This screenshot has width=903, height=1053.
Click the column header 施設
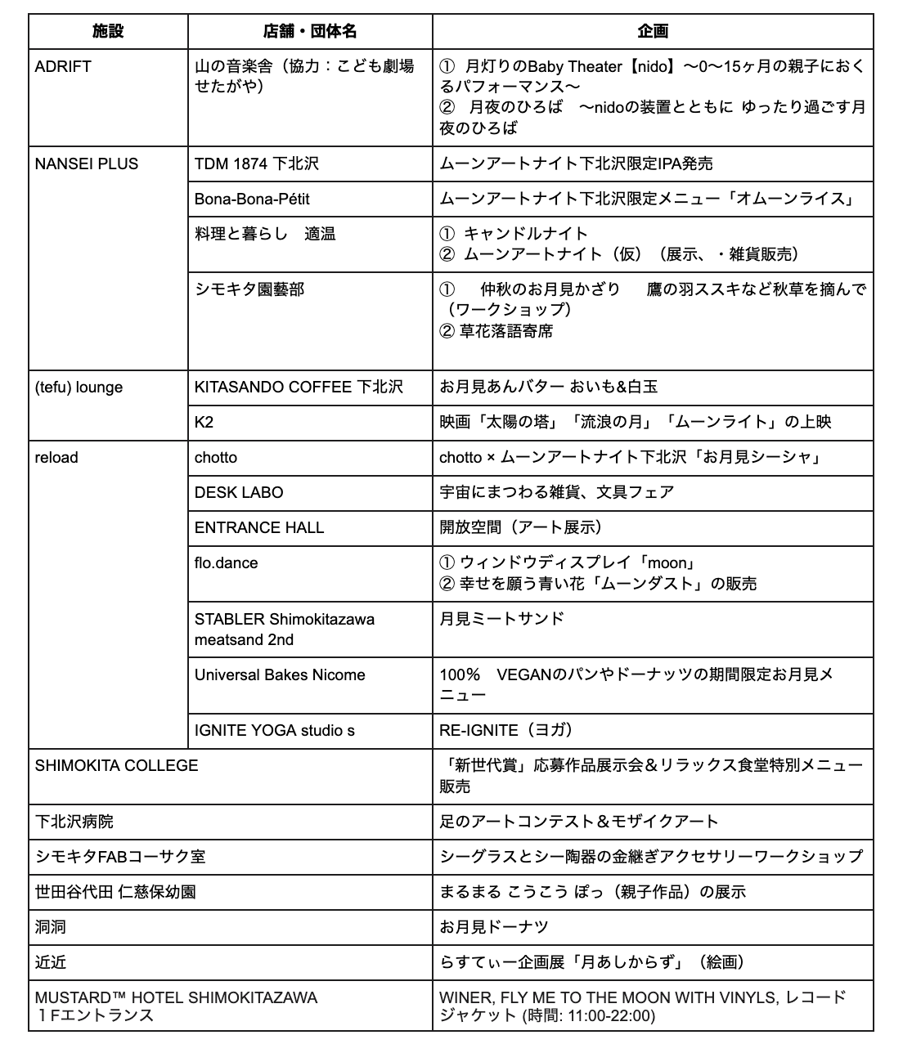108,31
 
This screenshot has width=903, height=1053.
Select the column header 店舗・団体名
310,31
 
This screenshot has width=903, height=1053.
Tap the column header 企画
653,31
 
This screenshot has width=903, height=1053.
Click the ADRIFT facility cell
63,67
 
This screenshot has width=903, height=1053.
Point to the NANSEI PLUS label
87,164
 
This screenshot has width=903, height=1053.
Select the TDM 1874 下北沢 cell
256,164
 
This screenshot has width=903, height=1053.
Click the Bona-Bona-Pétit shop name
252,199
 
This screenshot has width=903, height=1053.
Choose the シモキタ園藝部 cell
249,289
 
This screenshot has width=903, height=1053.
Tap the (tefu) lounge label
79,387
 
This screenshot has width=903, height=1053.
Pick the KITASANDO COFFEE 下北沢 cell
299,387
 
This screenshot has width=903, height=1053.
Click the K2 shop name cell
204,422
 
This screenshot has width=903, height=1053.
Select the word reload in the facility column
56,457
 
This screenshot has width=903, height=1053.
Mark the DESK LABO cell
239,492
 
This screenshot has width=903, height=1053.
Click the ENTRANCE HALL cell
259,527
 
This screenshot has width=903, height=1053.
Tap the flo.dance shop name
226,562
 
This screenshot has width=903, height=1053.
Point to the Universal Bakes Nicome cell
280,674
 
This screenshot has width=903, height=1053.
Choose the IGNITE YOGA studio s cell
275,730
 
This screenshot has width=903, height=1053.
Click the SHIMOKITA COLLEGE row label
116,765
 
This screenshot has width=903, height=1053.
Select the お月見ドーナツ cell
493,927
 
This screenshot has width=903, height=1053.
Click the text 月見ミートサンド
501,618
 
